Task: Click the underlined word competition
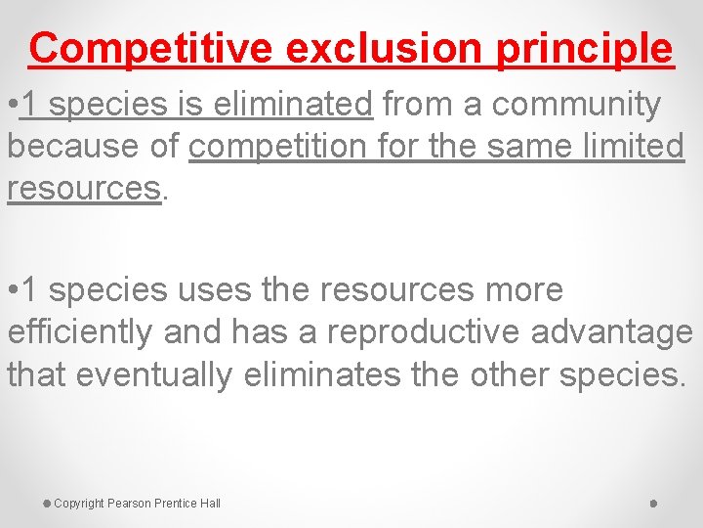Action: (288, 146)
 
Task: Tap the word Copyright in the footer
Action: (79, 504)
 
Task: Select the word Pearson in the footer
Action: (130, 504)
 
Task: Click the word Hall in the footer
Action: (210, 504)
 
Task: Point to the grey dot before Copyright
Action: (46, 503)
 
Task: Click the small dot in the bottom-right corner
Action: (653, 504)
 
